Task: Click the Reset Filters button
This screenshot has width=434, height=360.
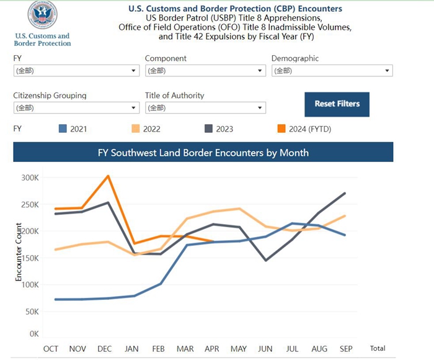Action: pyautogui.click(x=337, y=104)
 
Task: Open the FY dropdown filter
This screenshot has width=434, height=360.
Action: pyautogui.click(x=76, y=71)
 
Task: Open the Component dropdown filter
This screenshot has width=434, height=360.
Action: pyautogui.click(x=205, y=71)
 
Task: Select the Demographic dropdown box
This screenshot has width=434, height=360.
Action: pyautogui.click(x=332, y=71)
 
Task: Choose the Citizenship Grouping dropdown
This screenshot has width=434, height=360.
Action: pyautogui.click(x=76, y=108)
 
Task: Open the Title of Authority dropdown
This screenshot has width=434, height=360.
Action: pyautogui.click(x=205, y=108)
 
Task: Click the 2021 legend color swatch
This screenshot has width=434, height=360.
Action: pyautogui.click(x=62, y=129)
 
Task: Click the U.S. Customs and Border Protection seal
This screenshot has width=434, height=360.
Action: pyautogui.click(x=42, y=16)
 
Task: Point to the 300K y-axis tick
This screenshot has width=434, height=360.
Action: pyautogui.click(x=30, y=177)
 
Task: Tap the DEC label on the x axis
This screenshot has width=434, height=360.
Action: pyautogui.click(x=105, y=349)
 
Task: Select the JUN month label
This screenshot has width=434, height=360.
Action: pyautogui.click(x=265, y=349)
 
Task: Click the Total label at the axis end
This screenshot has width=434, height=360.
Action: pyautogui.click(x=378, y=349)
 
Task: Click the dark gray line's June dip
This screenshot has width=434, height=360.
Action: pyautogui.click(x=265, y=260)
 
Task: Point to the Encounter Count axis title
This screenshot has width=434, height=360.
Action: pyautogui.click(x=19, y=252)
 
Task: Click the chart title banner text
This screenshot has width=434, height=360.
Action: pyautogui.click(x=203, y=152)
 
